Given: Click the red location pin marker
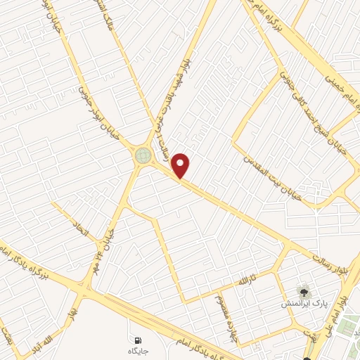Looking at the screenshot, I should (181, 165).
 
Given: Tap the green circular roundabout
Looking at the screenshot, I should (143, 155).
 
